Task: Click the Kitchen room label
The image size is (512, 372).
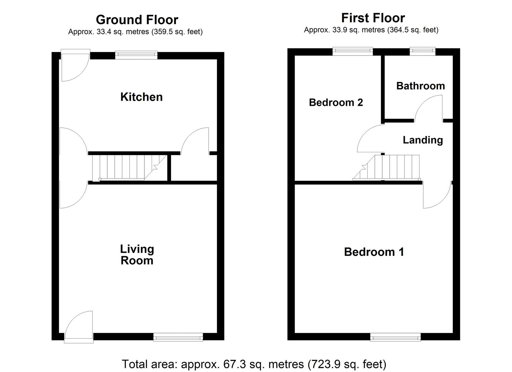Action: (x=141, y=97)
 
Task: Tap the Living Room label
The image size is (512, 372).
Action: (x=137, y=255)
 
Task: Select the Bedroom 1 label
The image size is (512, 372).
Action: (x=374, y=252)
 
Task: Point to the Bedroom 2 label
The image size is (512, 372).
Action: (x=336, y=102)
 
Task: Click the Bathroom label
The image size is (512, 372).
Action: (x=420, y=86)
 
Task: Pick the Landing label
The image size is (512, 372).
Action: (x=423, y=140)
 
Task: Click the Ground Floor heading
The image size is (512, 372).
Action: (x=137, y=20)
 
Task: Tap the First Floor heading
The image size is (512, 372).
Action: (x=373, y=18)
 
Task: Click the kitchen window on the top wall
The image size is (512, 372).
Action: (x=136, y=55)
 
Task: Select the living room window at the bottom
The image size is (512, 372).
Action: (x=178, y=337)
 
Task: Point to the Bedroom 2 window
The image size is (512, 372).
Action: (x=353, y=51)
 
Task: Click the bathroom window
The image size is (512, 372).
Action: (x=422, y=51)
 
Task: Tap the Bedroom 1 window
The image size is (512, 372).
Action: (x=395, y=337)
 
